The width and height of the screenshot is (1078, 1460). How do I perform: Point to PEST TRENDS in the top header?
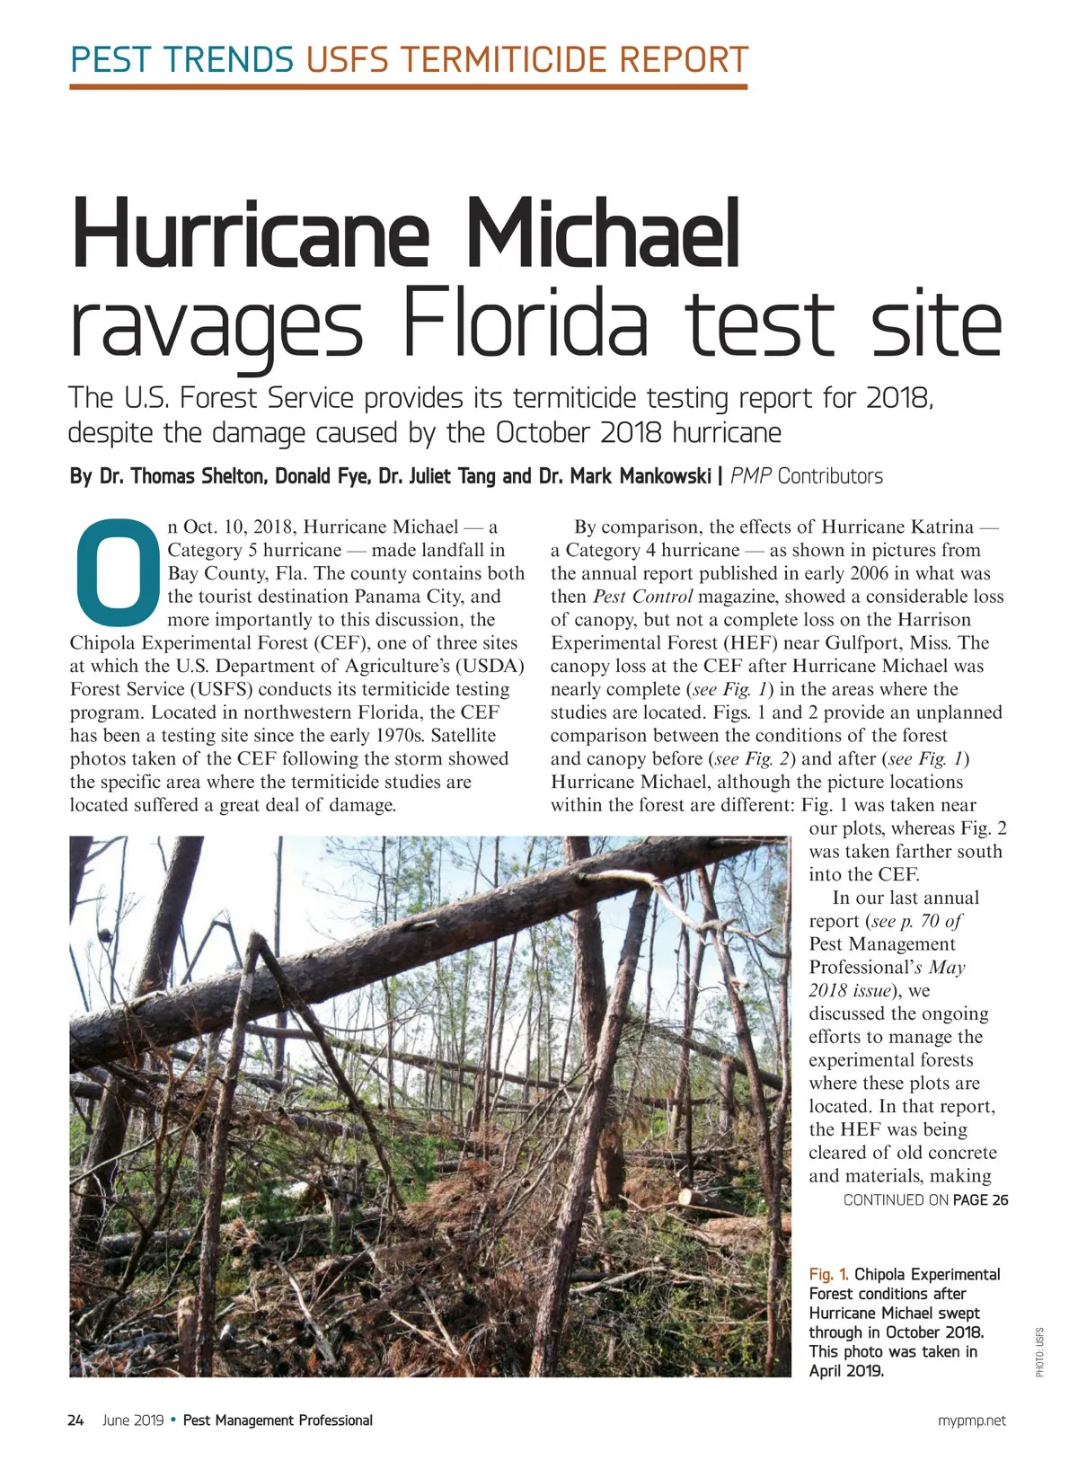(182, 59)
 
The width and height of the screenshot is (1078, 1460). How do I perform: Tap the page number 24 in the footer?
(75, 1420)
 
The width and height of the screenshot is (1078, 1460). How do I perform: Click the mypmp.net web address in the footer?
(972, 1420)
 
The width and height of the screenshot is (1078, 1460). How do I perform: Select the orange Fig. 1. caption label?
(828, 1274)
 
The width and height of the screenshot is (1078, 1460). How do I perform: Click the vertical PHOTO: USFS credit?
(1039, 1351)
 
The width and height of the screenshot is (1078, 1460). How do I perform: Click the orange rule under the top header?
(408, 87)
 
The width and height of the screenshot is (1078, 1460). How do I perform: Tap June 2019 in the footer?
(133, 1420)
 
